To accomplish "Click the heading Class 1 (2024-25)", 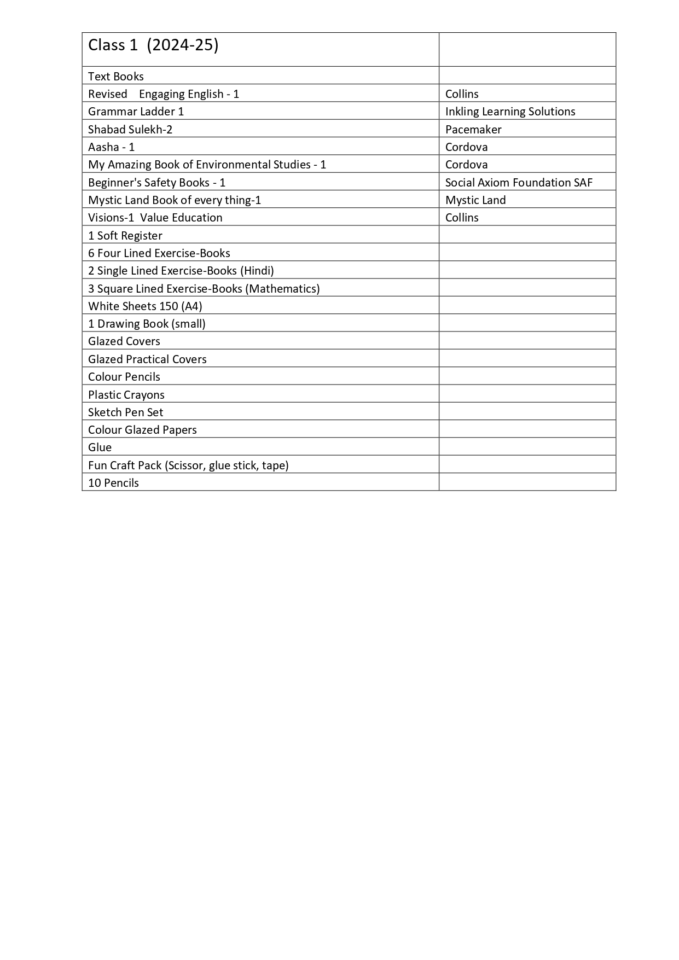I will coord(153,45).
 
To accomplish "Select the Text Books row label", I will coord(116,77).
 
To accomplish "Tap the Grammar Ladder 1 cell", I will coord(136,112).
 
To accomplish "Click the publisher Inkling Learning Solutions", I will coord(510,112).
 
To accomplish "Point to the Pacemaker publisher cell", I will coord(473,130).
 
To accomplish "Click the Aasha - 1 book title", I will coord(111,147).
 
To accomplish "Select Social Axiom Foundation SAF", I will coord(519,183).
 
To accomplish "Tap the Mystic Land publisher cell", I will coord(475,200).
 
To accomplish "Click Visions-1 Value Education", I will coord(155,218).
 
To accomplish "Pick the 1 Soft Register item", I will coord(125,236).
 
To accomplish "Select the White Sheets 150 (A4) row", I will coord(145,306).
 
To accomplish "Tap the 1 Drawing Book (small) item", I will coord(147,324).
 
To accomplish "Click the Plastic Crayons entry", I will coord(126,395).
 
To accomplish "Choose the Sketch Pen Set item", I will coord(126,412).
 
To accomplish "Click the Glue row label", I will coord(100,447).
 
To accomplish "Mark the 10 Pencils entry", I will coord(113,483).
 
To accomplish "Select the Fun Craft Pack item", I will coord(188,466).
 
